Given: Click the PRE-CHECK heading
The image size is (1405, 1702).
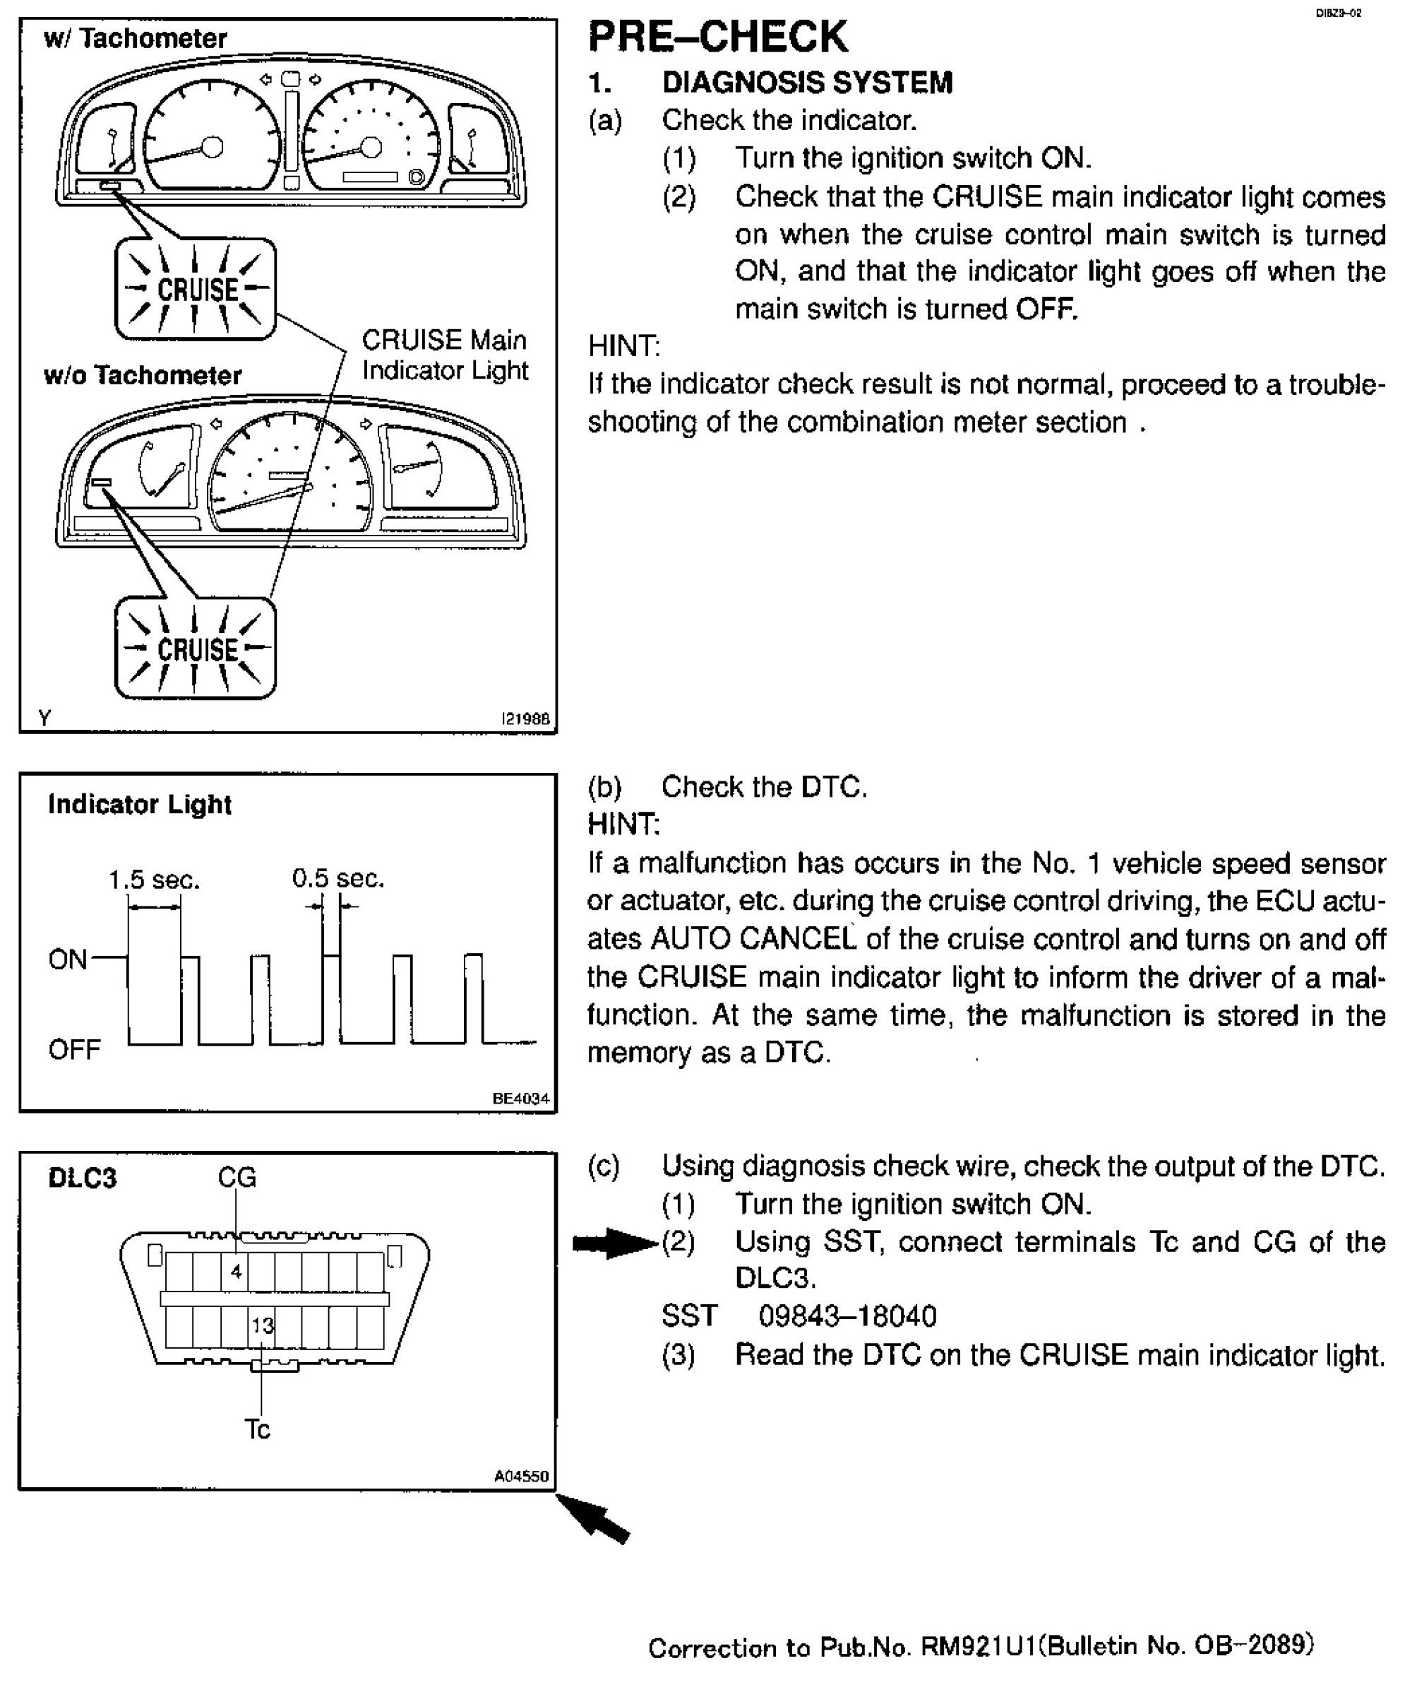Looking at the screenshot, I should click(717, 37).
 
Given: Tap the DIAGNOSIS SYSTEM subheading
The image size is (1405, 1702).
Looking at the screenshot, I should click(807, 83).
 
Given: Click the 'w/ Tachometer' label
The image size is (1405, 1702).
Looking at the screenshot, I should click(135, 38).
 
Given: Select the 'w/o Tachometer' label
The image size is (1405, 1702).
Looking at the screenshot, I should click(143, 375).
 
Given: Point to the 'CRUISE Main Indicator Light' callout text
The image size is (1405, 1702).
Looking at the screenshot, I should click(444, 355).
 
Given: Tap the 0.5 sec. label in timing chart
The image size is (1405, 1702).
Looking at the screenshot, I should click(337, 877).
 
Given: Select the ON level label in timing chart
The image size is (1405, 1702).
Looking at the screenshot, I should click(67, 959).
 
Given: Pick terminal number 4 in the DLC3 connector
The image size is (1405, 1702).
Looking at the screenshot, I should click(236, 1271).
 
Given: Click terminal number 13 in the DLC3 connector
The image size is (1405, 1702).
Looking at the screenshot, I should click(261, 1325).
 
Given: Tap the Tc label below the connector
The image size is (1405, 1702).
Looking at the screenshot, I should click(258, 1429).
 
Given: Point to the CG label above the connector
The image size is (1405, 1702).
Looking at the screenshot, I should click(237, 1177).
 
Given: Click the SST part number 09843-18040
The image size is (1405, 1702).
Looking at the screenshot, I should click(847, 1316).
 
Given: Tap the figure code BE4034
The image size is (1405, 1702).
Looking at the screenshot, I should click(520, 1098).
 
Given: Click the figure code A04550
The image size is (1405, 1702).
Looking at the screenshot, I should click(521, 1476).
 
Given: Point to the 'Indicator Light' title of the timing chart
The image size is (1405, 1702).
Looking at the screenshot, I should click(139, 804).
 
